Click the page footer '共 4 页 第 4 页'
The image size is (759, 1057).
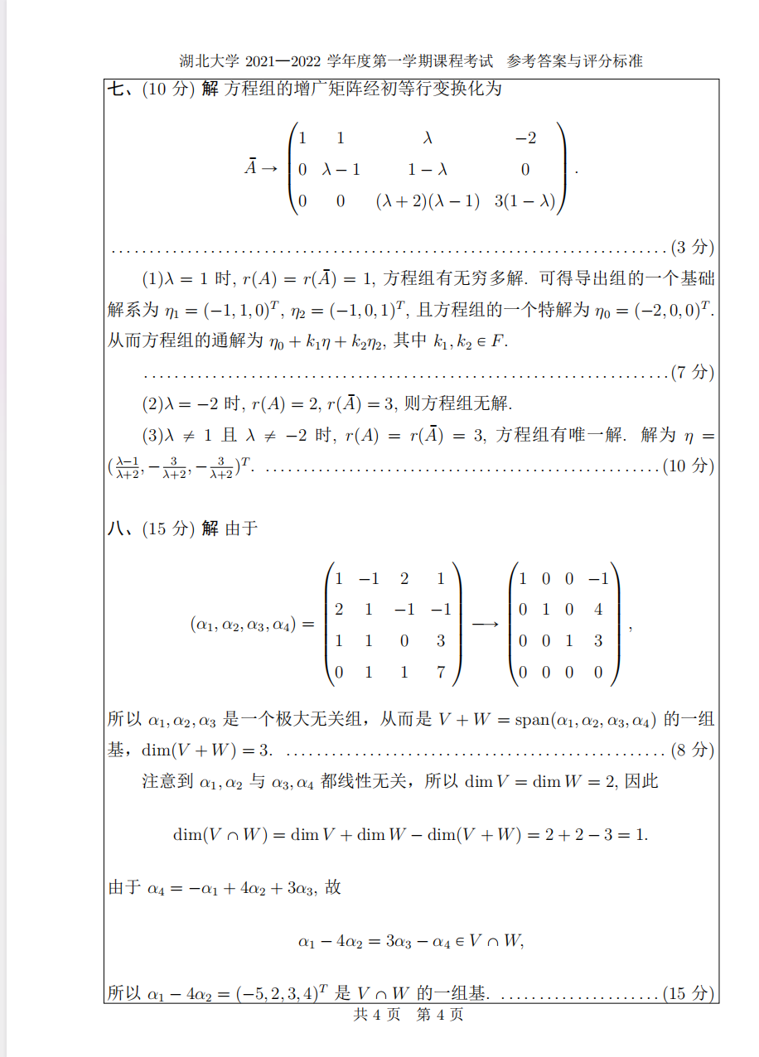(x=408, y=1014)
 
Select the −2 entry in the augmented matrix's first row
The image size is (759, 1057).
(x=525, y=138)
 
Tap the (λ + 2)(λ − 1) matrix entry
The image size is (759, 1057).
(x=427, y=200)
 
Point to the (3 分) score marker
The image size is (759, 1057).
(x=692, y=247)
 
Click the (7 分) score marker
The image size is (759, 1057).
(x=692, y=372)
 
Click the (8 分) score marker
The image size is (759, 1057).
(x=692, y=750)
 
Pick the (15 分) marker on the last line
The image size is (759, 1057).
(x=689, y=992)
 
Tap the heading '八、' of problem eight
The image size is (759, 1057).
(x=123, y=528)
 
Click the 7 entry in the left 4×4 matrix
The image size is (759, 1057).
(x=441, y=672)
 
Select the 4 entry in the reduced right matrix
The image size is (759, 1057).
(x=598, y=610)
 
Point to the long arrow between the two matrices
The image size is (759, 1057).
(x=486, y=625)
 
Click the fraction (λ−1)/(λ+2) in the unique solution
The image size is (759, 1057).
(x=127, y=468)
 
